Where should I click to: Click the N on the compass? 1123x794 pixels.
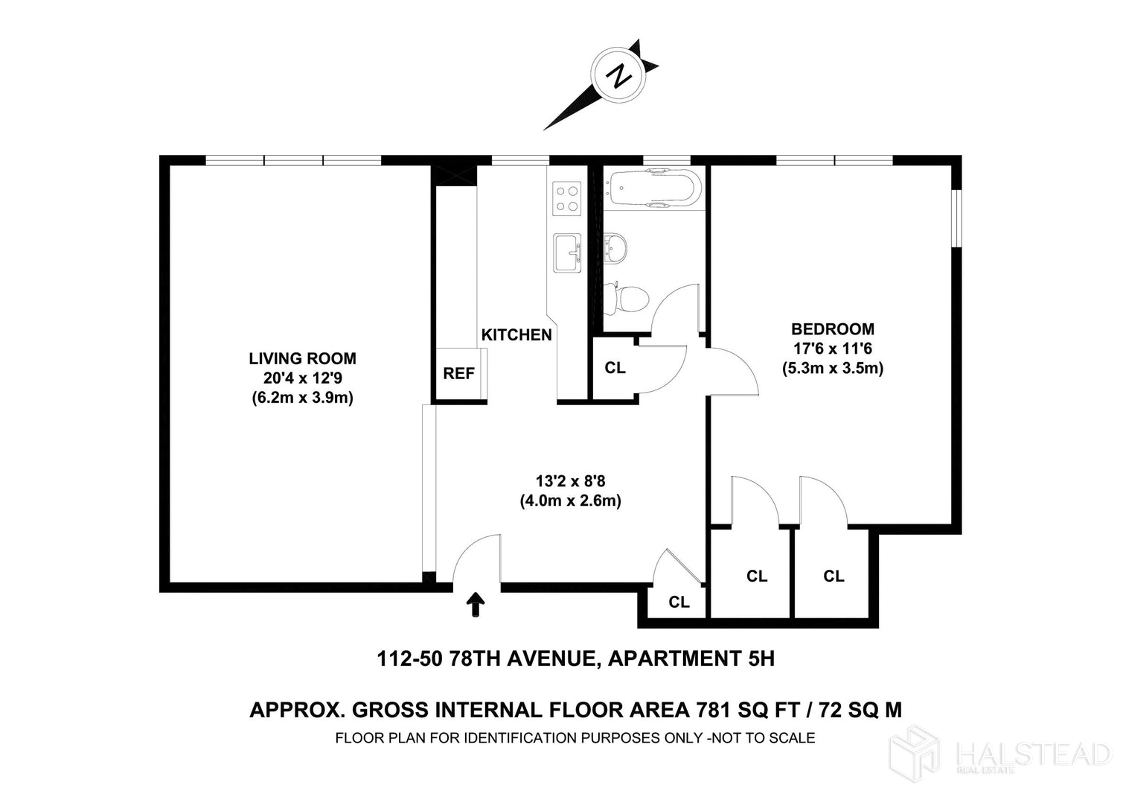[618, 77]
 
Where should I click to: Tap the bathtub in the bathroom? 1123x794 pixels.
[651, 188]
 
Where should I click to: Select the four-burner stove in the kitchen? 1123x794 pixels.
[566, 198]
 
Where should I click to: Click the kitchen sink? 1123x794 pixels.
[567, 253]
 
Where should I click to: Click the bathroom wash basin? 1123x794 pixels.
[615, 248]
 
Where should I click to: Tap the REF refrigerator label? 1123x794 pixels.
[458, 373]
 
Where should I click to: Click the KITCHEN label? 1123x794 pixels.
[516, 334]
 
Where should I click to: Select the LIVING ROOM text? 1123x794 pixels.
[302, 358]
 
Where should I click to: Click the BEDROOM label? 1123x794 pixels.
[833, 329]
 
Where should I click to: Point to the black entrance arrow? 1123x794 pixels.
[476, 604]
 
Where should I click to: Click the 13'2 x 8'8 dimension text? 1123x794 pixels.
[571, 481]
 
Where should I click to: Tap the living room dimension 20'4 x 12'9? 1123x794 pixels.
[303, 378]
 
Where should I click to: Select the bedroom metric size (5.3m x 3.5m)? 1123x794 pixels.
[833, 369]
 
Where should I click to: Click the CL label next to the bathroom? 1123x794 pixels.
[615, 368]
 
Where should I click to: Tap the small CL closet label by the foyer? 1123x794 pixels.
[679, 602]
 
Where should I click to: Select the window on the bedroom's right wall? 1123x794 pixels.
[957, 217]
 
